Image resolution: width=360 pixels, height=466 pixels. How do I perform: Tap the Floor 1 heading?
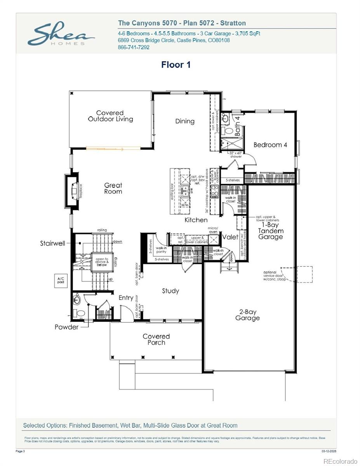[176, 65]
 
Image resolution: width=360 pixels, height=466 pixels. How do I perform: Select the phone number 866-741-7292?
[134, 47]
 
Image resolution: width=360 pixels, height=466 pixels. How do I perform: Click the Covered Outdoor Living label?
[110, 116]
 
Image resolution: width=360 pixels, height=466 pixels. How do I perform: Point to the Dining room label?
[184, 121]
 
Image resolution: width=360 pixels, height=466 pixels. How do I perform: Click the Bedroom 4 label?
[270, 145]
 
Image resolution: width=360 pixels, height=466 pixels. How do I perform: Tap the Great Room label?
[113, 188]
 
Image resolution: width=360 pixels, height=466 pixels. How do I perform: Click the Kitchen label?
[196, 220]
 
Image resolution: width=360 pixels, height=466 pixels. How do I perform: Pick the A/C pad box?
[61, 280]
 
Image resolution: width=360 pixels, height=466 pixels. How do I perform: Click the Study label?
[170, 291]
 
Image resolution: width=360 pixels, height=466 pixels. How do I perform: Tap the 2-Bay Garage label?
[247, 315]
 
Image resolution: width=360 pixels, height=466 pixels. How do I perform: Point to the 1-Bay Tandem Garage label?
[271, 231]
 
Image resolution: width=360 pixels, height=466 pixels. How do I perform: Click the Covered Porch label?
[156, 339]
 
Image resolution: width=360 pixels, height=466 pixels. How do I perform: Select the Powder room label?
[66, 327]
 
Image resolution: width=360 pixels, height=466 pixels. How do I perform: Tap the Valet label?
[230, 237]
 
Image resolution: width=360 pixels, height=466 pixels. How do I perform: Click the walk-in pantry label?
[162, 249]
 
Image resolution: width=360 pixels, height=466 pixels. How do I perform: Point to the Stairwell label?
[52, 243]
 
